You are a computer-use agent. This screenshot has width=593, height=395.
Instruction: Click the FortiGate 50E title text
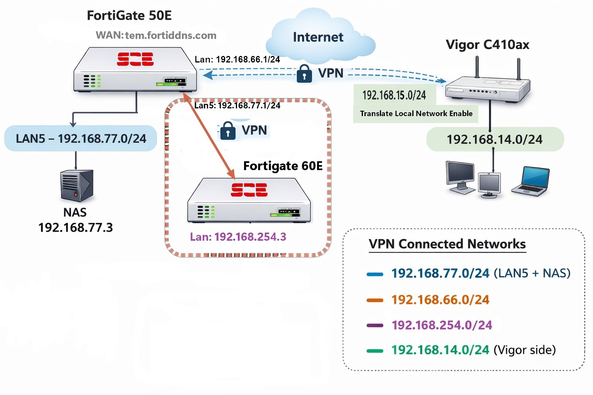click(x=129, y=15)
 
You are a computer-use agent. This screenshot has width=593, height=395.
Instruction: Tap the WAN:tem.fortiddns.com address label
click(x=156, y=35)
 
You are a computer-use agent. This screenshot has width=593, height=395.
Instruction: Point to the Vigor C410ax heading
click(x=487, y=45)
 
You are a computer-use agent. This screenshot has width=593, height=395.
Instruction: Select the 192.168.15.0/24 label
click(x=394, y=95)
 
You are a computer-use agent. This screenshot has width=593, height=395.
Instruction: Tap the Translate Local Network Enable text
click(x=416, y=113)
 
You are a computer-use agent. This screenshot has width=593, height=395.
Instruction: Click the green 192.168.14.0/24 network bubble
click(x=495, y=139)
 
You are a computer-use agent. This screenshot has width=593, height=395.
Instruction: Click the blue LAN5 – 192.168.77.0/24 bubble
click(x=81, y=138)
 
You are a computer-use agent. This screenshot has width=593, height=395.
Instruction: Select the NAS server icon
click(x=77, y=186)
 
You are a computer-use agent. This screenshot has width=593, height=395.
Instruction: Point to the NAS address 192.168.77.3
click(x=76, y=228)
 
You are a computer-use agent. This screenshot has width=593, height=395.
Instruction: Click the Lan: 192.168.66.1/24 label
click(x=237, y=59)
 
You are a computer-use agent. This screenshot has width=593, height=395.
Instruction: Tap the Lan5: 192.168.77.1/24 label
click(x=237, y=105)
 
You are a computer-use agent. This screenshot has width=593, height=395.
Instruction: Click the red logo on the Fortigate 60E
click(x=249, y=190)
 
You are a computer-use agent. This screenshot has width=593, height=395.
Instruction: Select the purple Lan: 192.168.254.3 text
click(x=238, y=236)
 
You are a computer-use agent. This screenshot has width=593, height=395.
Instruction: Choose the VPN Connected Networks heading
click(x=447, y=244)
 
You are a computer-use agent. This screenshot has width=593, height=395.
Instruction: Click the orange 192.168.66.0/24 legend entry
click(x=440, y=300)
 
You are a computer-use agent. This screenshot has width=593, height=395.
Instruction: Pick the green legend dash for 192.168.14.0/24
click(x=374, y=351)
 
